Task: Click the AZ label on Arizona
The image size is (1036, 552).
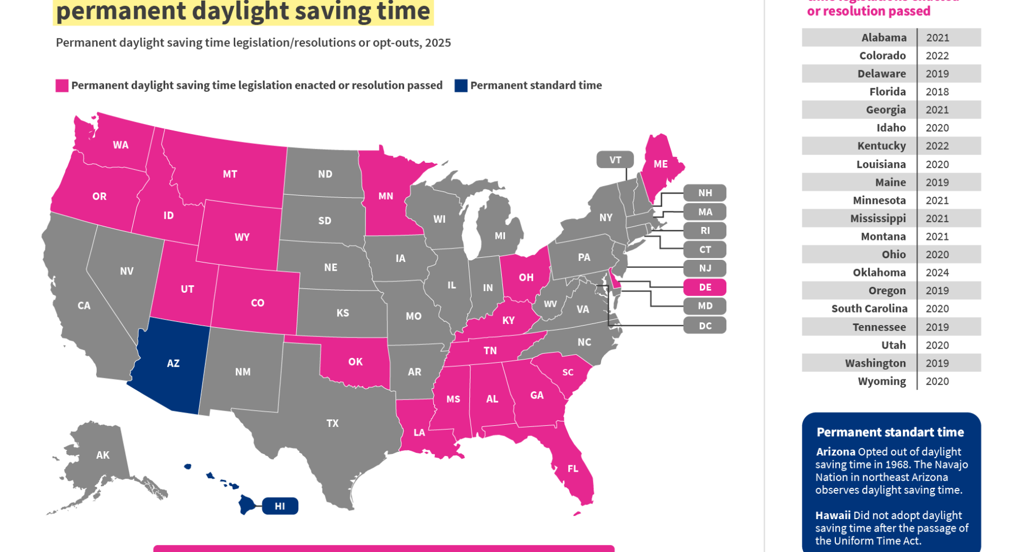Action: point(173,363)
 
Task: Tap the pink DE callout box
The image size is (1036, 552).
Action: point(705,287)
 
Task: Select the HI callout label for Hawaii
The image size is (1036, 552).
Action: point(280,506)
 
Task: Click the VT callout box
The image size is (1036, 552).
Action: point(615,160)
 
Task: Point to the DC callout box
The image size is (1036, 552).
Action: point(705,326)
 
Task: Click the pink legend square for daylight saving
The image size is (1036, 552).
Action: point(62,86)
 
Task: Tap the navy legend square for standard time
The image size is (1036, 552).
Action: point(461,86)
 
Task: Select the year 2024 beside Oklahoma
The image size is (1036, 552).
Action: point(937,273)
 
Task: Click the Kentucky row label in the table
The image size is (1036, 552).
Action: point(881,146)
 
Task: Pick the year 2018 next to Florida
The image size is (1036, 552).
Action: point(937,92)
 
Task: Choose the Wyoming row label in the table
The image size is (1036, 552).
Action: point(882,381)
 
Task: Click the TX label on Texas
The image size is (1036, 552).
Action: point(332,423)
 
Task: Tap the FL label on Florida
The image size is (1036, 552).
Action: point(573,468)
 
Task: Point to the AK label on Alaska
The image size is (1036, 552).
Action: point(103,455)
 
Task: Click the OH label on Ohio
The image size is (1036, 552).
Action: point(526,277)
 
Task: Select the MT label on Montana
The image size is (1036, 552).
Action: point(230,174)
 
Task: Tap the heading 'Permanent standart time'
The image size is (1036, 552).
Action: point(890,432)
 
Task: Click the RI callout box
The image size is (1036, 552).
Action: point(705,231)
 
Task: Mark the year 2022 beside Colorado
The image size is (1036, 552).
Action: point(937,56)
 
